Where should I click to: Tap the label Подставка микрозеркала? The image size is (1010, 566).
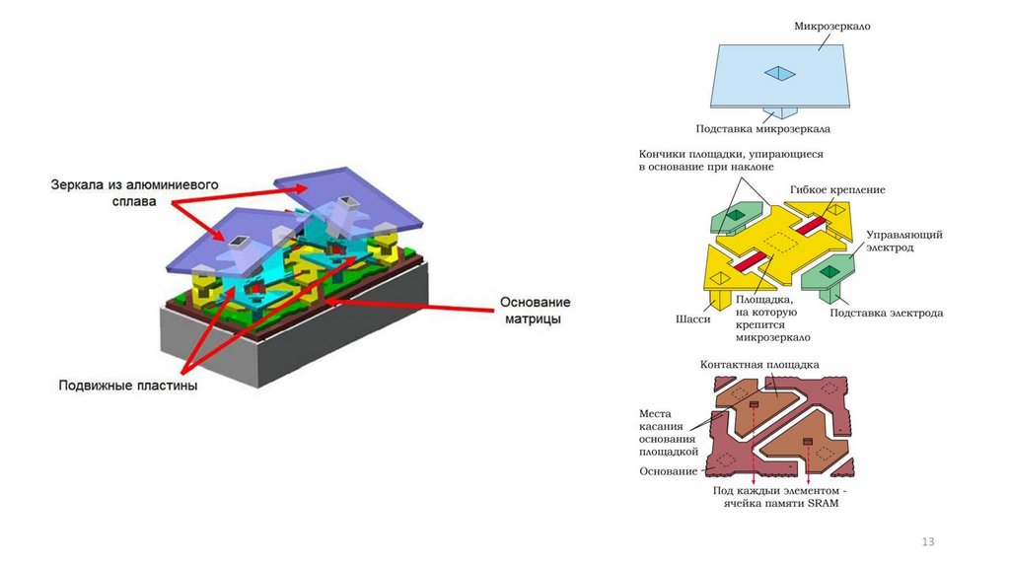coord(762,128)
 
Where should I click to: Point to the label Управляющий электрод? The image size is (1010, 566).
coord(904,242)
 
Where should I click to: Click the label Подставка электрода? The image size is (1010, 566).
coord(886,313)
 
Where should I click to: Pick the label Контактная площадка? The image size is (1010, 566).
coord(759,364)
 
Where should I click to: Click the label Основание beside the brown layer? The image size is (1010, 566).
coord(667,470)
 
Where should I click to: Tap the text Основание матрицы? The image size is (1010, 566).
coord(534,312)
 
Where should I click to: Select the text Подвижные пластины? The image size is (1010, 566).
coord(128,386)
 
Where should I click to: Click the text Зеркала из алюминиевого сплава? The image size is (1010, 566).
coord(134,193)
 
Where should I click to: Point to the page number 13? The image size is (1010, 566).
coord(927,542)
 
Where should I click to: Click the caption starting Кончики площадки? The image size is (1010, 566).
coord(730,162)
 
